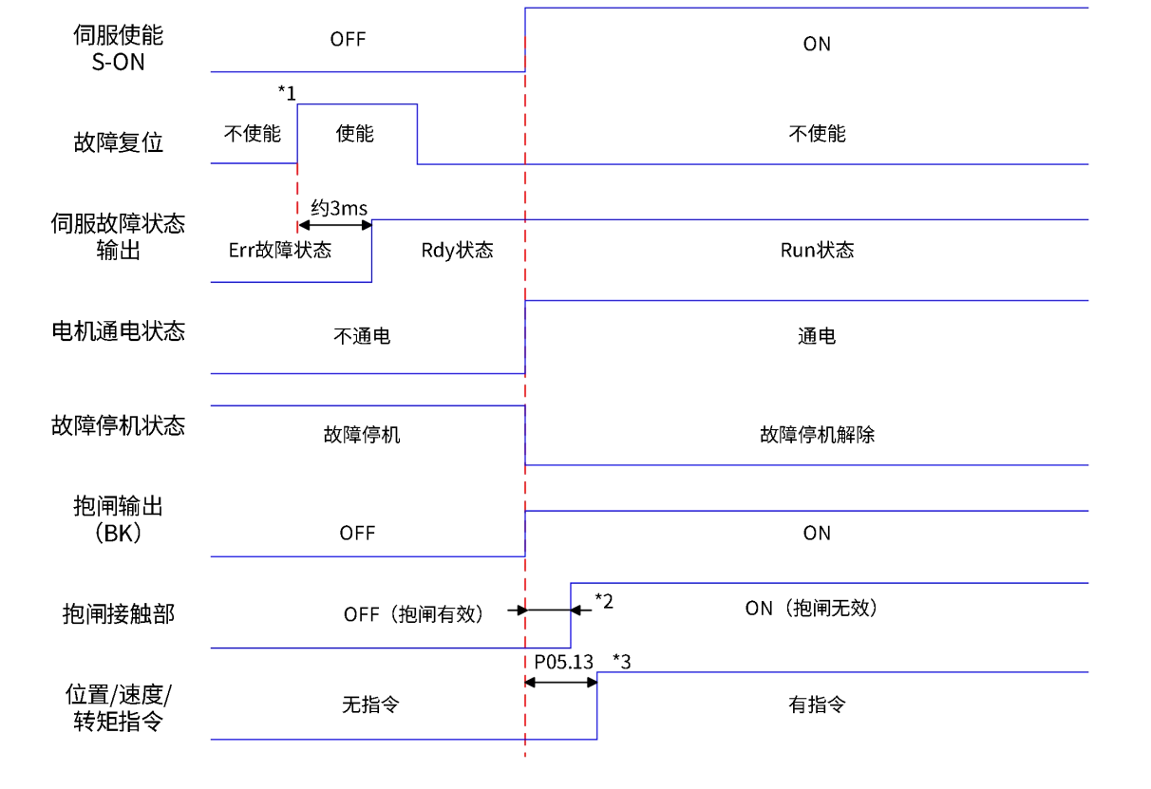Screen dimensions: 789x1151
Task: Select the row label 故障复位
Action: click(x=118, y=143)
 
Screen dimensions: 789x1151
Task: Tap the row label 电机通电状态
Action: click(x=118, y=331)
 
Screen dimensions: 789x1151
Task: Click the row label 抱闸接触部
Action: click(x=118, y=613)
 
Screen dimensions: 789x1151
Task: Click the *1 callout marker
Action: click(x=285, y=91)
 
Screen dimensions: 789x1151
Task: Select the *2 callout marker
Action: click(x=604, y=599)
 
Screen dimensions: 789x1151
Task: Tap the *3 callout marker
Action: click(x=623, y=660)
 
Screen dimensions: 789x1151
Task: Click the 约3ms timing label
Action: click(x=339, y=208)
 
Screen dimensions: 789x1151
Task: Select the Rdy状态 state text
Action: click(x=457, y=251)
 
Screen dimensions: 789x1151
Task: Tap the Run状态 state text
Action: click(x=817, y=251)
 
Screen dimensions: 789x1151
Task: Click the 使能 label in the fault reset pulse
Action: click(x=354, y=134)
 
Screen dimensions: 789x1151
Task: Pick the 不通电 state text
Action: click(x=361, y=336)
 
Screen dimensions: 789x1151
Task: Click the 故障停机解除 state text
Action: click(x=817, y=435)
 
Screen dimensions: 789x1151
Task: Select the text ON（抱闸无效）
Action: click(x=811, y=609)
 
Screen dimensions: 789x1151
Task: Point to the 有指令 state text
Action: click(x=817, y=704)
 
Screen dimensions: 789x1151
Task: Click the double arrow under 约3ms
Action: click(x=334, y=226)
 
